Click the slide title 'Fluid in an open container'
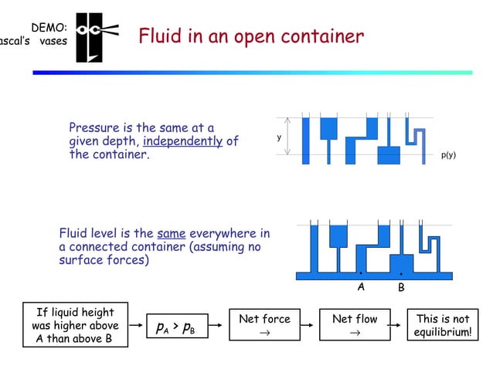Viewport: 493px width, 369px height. point(250,36)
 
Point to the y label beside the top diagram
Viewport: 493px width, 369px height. point(279,138)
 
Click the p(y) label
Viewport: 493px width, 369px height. point(448,154)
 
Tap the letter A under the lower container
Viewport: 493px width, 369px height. point(360,286)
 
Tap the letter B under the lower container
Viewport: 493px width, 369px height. point(401,287)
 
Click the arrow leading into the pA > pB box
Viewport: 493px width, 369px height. point(137,326)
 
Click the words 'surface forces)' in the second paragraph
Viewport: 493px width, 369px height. point(104,260)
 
